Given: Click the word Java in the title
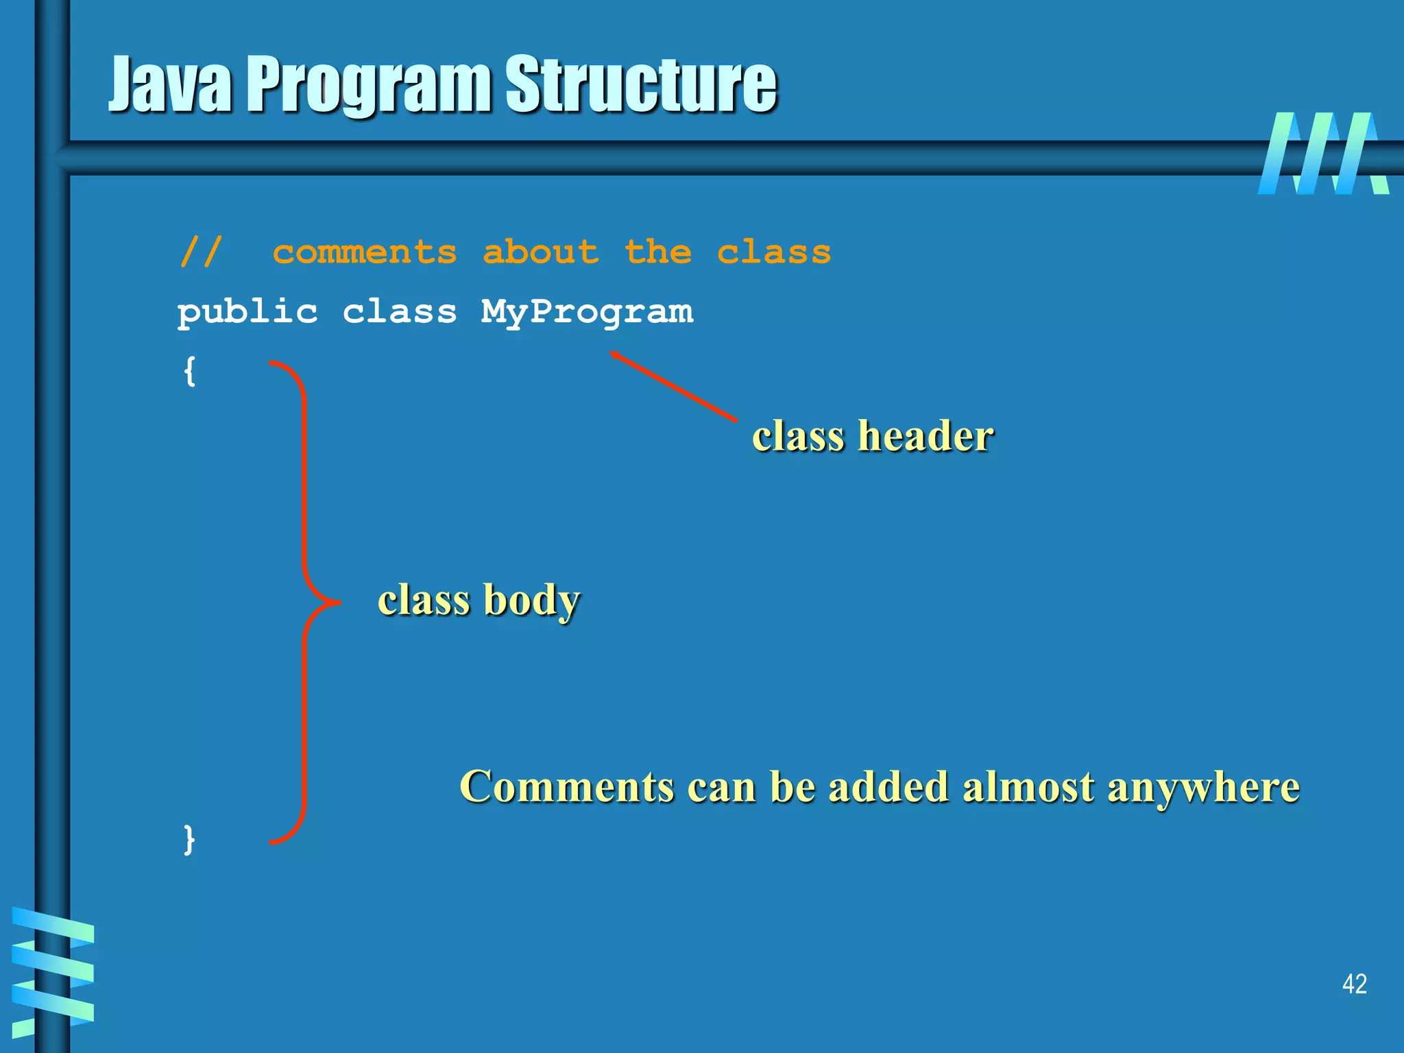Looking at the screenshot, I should point(171,85).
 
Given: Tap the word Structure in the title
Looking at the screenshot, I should point(641,85).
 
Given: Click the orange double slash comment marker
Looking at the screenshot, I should point(201,252).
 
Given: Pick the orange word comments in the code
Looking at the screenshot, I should point(365,252).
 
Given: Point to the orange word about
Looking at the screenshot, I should point(541,252).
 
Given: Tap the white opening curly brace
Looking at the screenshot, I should point(190,371).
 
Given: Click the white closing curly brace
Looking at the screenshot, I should point(190,839).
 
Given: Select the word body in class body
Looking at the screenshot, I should point(531,601).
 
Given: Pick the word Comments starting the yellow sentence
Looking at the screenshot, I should point(567,787).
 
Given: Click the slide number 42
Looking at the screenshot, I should point(1354,984).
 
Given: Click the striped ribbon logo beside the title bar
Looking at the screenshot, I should point(1323,154).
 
